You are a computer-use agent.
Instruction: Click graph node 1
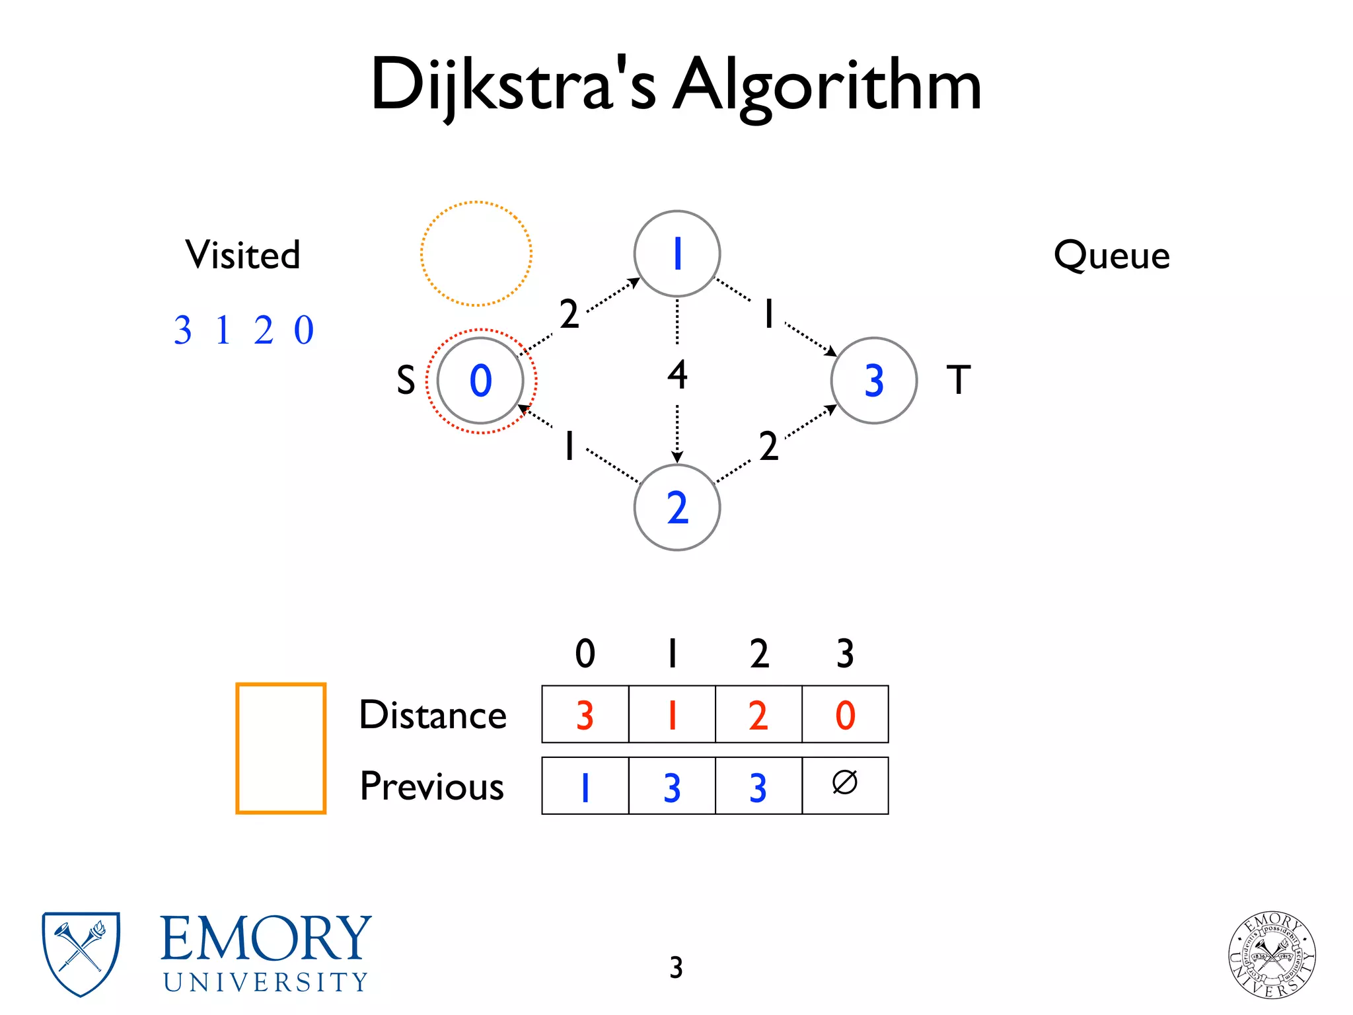tap(676, 254)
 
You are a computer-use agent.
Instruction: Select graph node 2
tap(676, 507)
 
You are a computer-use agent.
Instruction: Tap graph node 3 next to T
tap(873, 381)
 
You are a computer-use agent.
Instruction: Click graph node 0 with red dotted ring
tap(480, 381)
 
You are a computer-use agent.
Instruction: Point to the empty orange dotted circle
tap(476, 254)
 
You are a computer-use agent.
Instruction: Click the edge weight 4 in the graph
tap(677, 375)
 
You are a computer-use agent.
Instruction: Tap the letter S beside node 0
tap(406, 381)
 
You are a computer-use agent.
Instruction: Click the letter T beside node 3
tap(959, 380)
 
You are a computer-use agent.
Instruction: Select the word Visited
tap(242, 255)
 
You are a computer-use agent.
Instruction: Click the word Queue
tap(1111, 255)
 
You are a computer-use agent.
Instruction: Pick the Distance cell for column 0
tap(585, 714)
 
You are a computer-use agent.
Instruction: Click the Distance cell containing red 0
tap(845, 714)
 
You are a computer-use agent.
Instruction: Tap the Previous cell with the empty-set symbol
tap(845, 786)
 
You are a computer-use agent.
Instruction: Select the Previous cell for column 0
tap(585, 786)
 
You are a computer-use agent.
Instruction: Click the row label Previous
tap(432, 786)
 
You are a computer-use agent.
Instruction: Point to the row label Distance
tap(433, 715)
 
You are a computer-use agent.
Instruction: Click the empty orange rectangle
tap(281, 748)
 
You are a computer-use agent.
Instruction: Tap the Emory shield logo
tap(81, 954)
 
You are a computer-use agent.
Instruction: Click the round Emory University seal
tap(1272, 955)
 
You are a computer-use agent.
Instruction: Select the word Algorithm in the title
tap(827, 86)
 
